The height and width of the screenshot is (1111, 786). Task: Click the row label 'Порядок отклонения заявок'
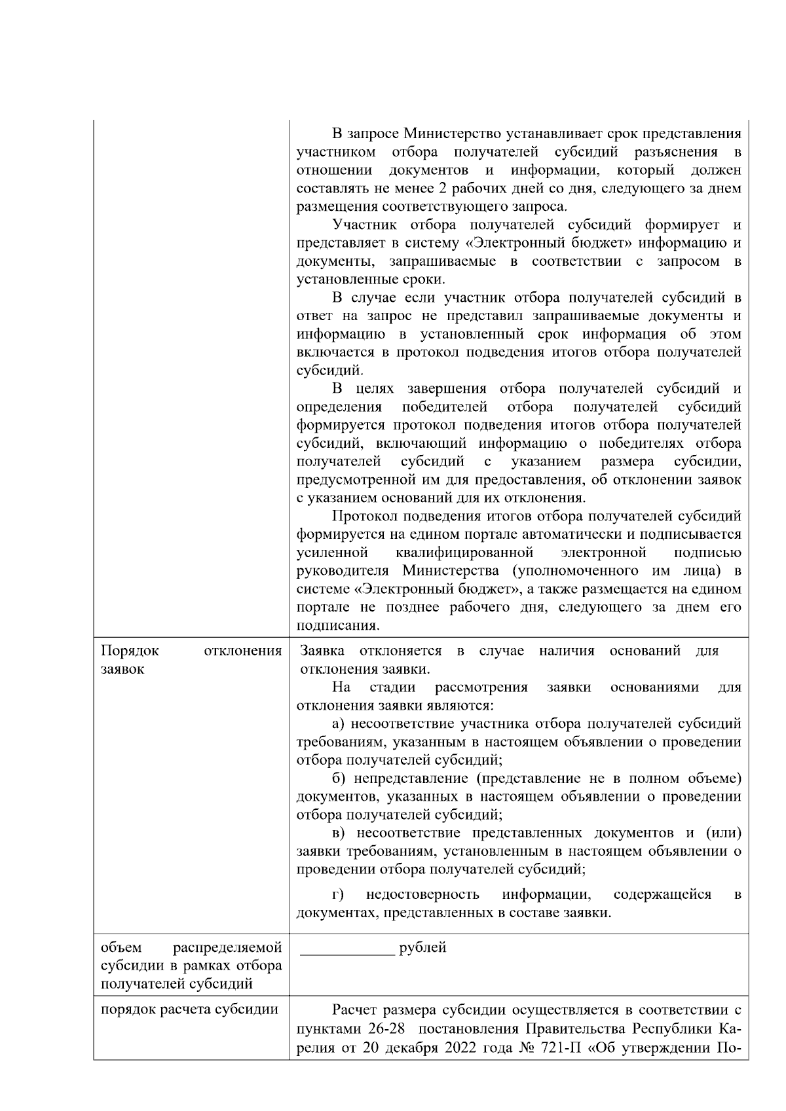point(191,660)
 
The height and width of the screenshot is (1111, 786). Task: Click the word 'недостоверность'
point(422,894)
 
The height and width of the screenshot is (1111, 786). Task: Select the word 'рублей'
point(422,947)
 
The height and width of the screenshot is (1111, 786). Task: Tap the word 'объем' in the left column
point(121,947)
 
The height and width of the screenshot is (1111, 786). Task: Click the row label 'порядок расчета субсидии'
point(190,1010)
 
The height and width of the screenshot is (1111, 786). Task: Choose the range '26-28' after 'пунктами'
point(386,1028)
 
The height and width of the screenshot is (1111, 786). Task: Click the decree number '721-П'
point(561,1046)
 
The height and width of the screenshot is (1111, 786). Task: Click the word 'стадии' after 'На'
point(393,687)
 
